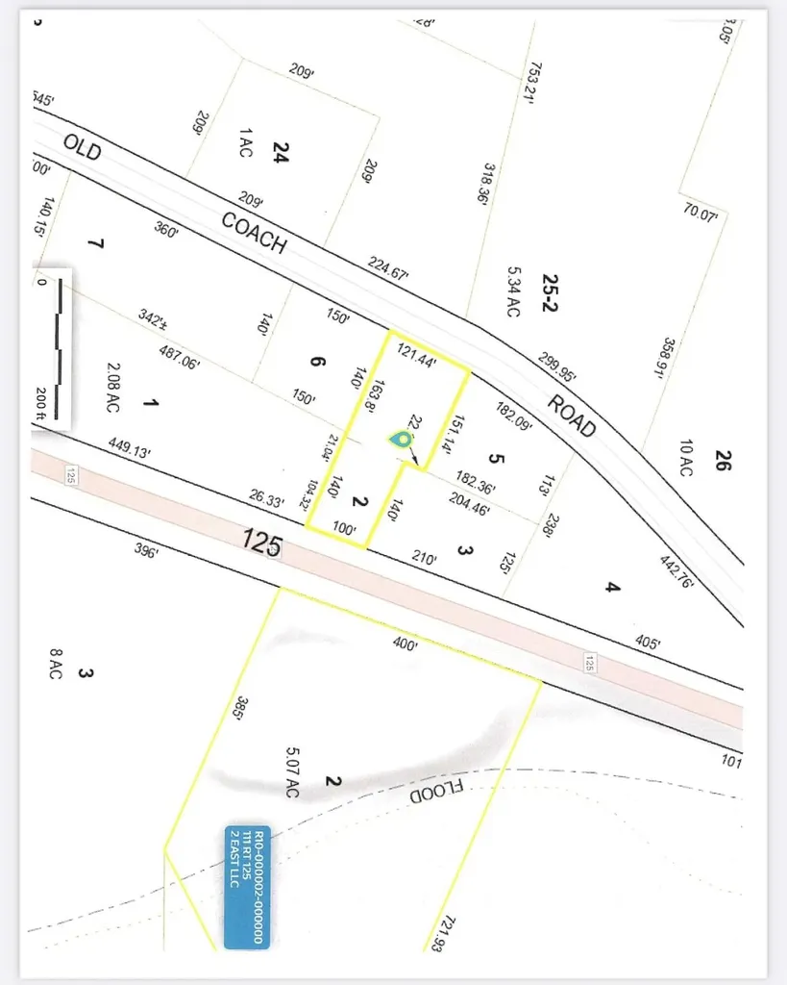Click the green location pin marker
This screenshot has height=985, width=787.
(x=401, y=439)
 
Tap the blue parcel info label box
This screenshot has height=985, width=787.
(x=247, y=887)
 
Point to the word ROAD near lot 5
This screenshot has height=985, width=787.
(x=573, y=415)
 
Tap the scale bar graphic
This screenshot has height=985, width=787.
(x=60, y=348)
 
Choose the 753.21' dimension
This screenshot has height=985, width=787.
(x=533, y=78)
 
